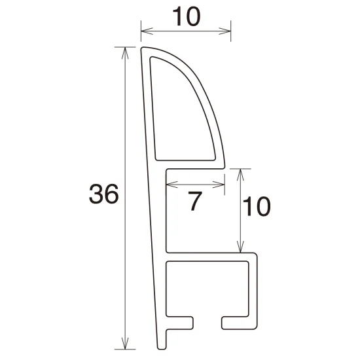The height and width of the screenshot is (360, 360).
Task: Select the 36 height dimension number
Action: (104, 194)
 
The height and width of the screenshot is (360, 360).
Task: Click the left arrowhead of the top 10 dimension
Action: (145, 29)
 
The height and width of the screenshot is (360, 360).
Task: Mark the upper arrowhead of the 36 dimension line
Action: (124, 51)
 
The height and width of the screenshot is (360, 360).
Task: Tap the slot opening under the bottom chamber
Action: (207, 322)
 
